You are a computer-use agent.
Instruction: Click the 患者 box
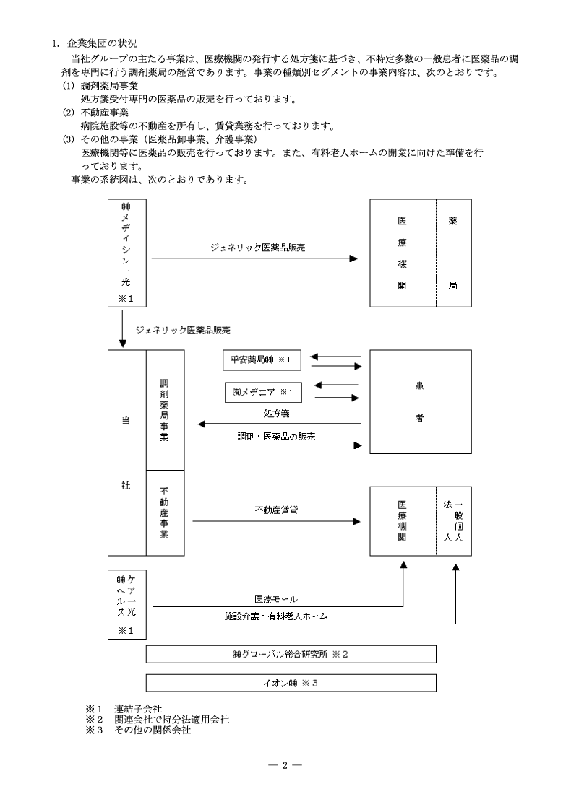tap(420, 401)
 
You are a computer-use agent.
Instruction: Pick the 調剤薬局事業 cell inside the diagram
tap(165, 409)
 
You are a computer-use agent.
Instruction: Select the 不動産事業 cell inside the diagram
tap(165, 512)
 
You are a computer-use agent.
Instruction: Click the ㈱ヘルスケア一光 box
tap(126, 603)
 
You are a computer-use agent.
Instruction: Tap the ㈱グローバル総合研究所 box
tap(291, 654)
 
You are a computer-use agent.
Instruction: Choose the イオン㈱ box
tap(291, 682)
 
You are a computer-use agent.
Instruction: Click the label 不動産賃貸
tap(277, 510)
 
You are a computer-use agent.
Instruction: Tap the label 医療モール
tap(276, 599)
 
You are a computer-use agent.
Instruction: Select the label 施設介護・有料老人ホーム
tap(277, 616)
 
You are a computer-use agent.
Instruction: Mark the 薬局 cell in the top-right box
tap(453, 253)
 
